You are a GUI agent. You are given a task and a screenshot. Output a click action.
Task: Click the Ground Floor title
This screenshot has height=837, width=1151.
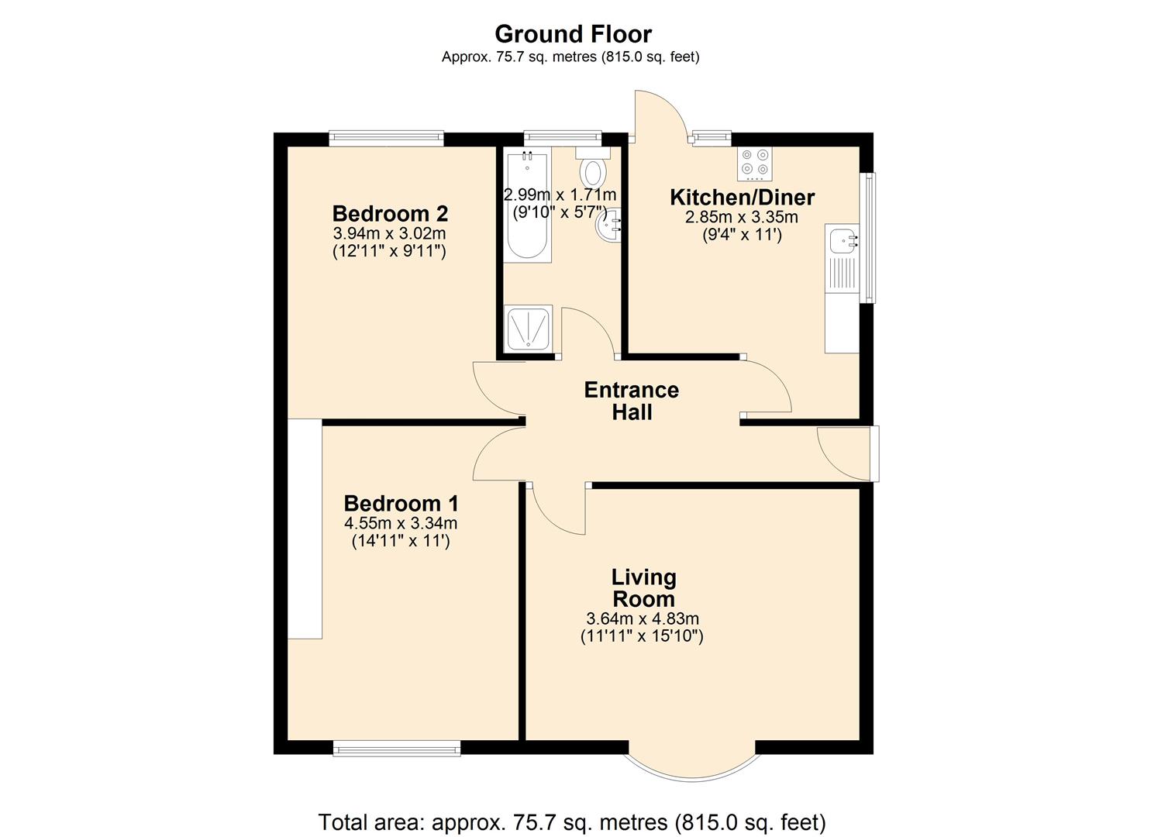click(x=573, y=34)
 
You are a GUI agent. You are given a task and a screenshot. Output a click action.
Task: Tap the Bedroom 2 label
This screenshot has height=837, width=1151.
click(x=390, y=213)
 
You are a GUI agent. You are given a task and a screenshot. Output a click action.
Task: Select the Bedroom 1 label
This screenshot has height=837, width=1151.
click(x=401, y=503)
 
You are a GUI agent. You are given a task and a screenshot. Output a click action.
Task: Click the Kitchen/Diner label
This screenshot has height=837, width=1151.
click(x=742, y=197)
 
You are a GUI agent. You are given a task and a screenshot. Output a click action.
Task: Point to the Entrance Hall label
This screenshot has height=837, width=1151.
click(x=631, y=401)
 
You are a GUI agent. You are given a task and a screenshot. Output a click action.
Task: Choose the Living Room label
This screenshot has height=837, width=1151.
click(x=643, y=588)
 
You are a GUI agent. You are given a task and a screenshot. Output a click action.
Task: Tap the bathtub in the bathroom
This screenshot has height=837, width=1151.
click(x=527, y=207)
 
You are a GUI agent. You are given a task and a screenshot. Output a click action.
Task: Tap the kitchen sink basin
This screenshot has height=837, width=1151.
click(x=840, y=242)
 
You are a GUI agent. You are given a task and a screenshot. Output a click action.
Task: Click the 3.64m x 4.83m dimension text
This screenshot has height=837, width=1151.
click(x=643, y=618)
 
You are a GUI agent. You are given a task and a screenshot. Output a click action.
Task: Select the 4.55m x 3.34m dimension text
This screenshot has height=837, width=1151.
click(x=400, y=523)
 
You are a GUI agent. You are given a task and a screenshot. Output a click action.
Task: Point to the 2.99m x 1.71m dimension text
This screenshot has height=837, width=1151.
click(x=560, y=195)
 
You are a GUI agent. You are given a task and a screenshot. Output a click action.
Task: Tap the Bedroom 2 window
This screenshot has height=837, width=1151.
click(x=386, y=139)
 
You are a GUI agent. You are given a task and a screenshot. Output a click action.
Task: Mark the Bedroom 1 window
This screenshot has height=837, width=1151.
click(x=396, y=748)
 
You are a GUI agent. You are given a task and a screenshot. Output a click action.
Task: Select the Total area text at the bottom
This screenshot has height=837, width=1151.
click(x=572, y=821)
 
